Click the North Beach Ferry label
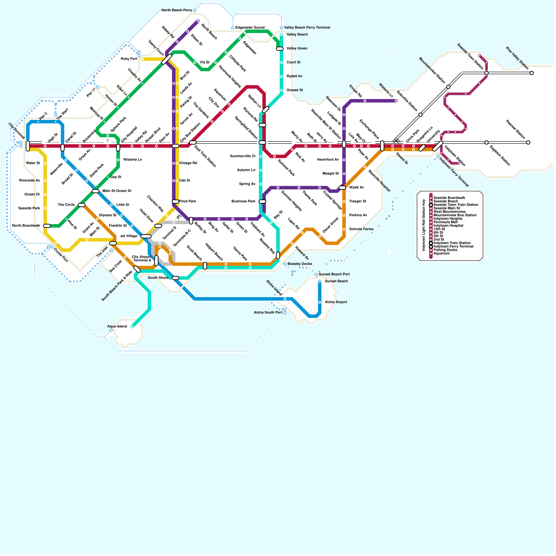[177, 10]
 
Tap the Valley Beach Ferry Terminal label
[307, 27]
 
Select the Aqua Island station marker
[132, 327]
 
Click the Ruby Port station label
[129, 59]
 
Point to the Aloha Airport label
[336, 302]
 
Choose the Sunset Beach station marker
[320, 281]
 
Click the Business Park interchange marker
[262, 202]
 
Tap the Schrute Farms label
[361, 229]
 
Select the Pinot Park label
[188, 201]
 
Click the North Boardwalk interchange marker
[47, 226]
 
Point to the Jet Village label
[129, 236]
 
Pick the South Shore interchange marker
[175, 278]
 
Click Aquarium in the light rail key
[441, 253]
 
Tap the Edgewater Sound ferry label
[250, 27]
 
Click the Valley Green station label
[297, 48]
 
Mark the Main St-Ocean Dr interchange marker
[96, 191]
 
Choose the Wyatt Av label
[357, 187]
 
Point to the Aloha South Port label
[268, 312]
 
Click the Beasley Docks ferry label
[300, 264]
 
